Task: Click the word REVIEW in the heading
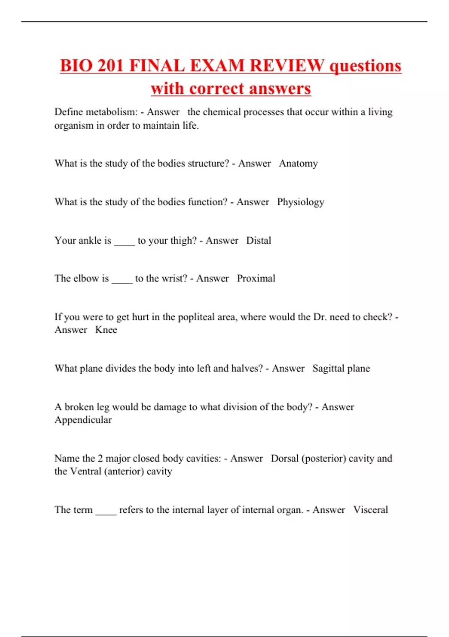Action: pos(287,66)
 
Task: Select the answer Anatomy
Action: pos(298,164)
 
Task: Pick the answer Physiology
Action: pos(300,202)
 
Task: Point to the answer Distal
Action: pos(259,241)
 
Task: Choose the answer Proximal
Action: pos(256,278)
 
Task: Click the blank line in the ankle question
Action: pos(124,244)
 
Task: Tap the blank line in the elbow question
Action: pos(122,282)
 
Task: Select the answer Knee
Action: pos(106,330)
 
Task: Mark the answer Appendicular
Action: pos(83,420)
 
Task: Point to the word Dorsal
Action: pos(285,459)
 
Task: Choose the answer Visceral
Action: pos(370,510)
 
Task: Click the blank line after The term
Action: pos(106,513)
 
